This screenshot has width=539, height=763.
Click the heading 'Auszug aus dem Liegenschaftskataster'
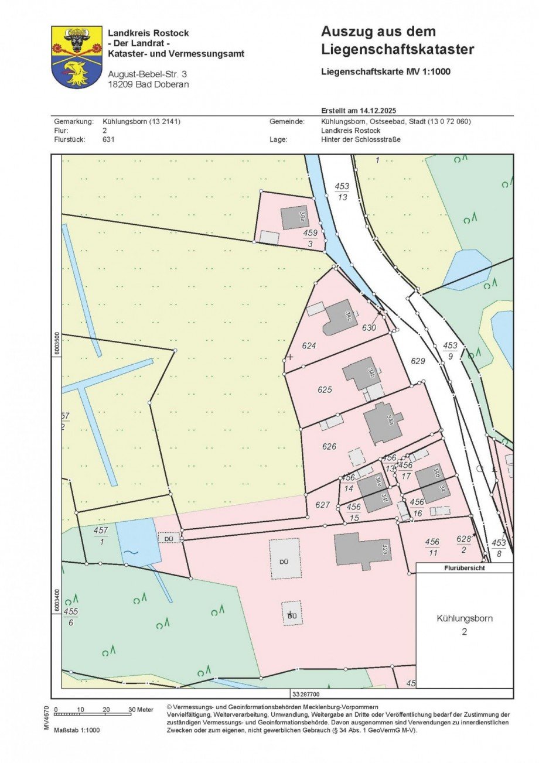coord(397,41)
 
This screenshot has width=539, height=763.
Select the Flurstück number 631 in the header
coord(108,139)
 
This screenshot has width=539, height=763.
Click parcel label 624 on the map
coord(309,345)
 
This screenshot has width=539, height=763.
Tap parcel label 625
coord(325,389)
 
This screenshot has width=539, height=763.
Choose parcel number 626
coord(329,446)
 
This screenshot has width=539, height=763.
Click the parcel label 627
coord(323,504)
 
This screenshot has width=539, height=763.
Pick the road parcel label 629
coord(418,361)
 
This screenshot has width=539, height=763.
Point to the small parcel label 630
coord(369,328)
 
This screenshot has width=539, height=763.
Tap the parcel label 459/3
coord(311,237)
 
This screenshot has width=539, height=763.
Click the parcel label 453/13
coord(342,191)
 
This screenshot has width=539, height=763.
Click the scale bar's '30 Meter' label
coord(141,709)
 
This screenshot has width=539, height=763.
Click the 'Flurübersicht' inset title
coord(465,567)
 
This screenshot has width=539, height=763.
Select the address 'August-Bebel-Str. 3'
coord(147,74)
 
